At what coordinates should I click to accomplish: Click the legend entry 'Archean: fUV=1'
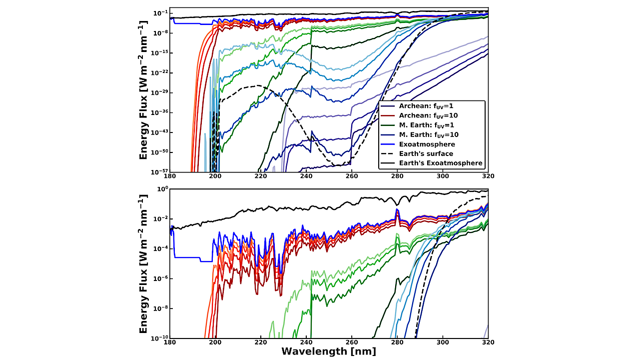(426, 106)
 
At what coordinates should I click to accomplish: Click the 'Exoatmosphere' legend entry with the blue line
(427, 144)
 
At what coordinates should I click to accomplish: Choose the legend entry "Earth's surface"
(426, 153)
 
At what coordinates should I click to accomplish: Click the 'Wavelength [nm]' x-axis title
(328, 351)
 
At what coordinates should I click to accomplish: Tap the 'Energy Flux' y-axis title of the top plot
(143, 90)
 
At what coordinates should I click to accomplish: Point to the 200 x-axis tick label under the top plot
(215, 176)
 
